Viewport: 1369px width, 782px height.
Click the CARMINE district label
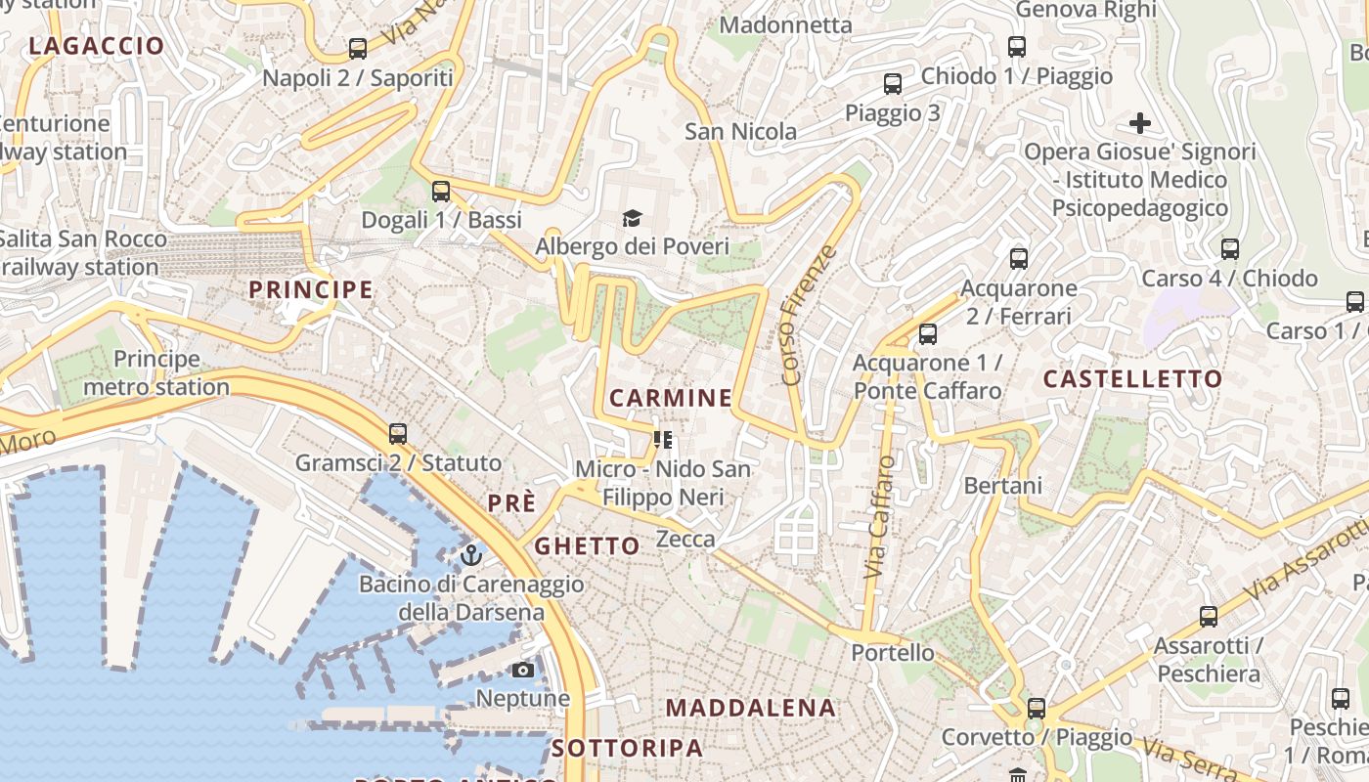tap(670, 398)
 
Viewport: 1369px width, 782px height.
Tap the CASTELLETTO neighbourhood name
tap(1132, 379)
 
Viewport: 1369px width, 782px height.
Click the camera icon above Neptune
tap(523, 670)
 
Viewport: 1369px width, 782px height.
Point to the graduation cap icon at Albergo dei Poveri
tap(632, 218)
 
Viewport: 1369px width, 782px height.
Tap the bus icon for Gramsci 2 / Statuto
tap(397, 434)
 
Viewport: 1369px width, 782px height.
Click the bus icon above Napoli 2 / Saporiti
tap(358, 48)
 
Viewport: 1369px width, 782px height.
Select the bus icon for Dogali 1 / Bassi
tap(441, 192)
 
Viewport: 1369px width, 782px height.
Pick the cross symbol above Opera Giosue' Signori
tap(1139, 123)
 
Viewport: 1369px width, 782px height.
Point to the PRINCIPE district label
tap(311, 289)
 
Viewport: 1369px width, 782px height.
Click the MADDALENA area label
tap(751, 708)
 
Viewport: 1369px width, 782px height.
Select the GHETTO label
tap(587, 545)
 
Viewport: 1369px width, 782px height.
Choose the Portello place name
tap(892, 652)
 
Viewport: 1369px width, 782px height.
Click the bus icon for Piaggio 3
tap(892, 84)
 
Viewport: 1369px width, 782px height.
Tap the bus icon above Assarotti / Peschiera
tap(1209, 617)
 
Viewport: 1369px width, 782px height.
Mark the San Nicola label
tap(740, 131)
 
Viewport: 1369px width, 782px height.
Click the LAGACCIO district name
tap(97, 46)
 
